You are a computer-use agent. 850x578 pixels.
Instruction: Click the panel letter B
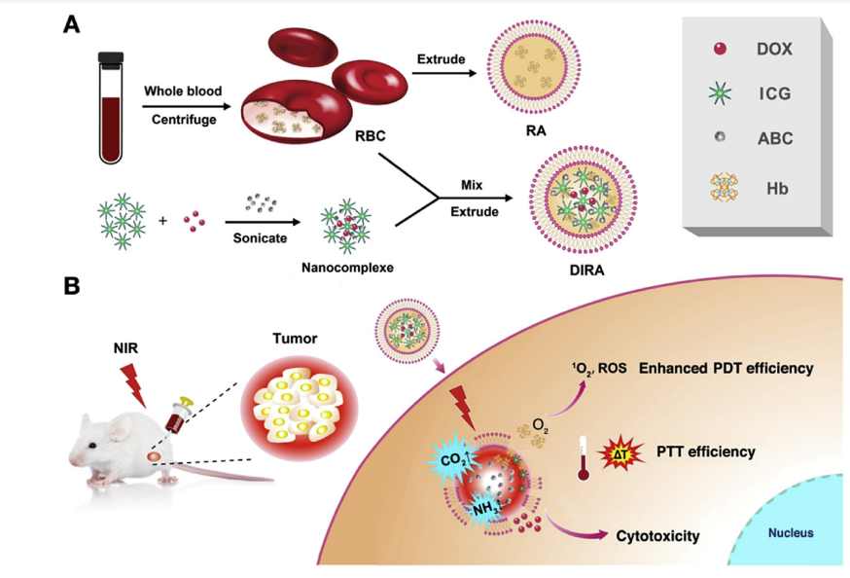(x=71, y=287)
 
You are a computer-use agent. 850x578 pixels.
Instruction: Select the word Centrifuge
(x=182, y=119)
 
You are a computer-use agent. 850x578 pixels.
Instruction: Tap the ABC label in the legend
(x=775, y=138)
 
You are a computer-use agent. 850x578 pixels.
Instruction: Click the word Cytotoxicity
(x=658, y=535)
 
